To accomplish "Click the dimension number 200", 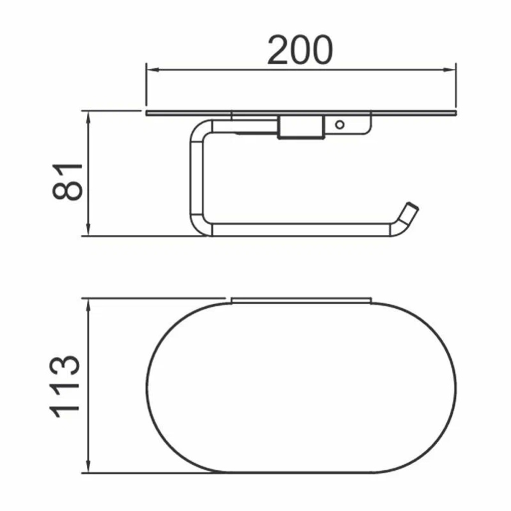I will pyautogui.click(x=299, y=50).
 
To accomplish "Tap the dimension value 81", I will pyautogui.click(x=67, y=180).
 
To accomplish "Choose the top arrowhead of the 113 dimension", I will pyautogui.click(x=88, y=305).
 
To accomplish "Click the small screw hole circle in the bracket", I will pyautogui.click(x=340, y=124).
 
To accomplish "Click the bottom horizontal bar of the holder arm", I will pyautogui.click(x=299, y=230).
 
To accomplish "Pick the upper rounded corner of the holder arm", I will pyautogui.click(x=200, y=127).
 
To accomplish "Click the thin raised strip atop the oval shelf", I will pyautogui.click(x=301, y=300).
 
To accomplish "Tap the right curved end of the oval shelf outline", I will pyautogui.click(x=455, y=386).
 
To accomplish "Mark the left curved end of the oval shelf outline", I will pyautogui.click(x=148, y=386).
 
